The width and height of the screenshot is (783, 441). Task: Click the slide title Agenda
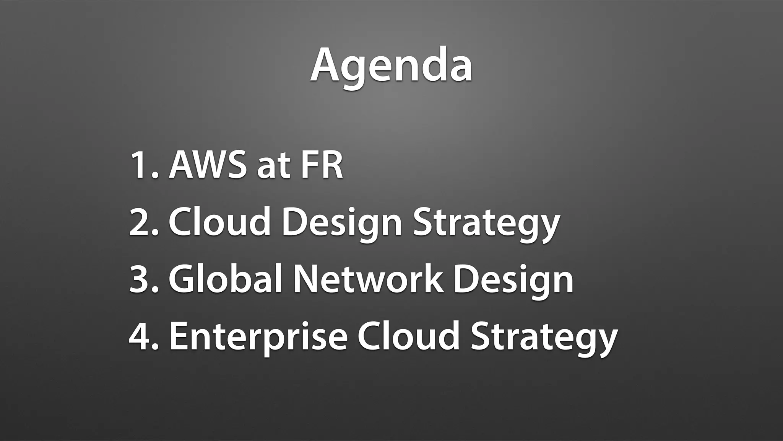(x=391, y=66)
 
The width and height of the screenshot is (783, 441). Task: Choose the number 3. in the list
(x=143, y=279)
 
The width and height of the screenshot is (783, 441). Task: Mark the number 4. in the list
(x=143, y=336)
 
